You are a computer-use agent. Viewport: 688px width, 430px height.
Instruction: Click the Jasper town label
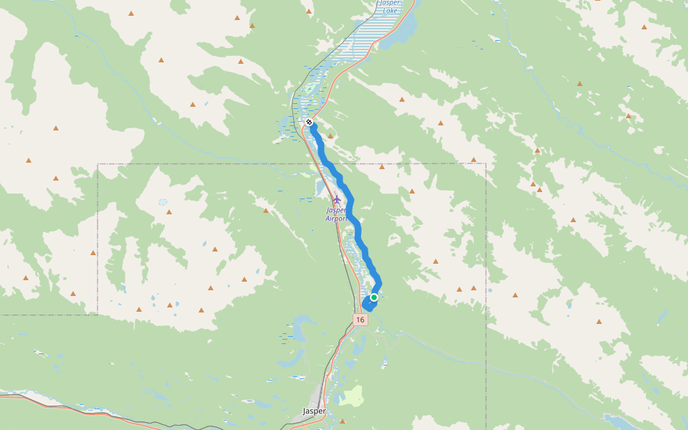click(x=314, y=411)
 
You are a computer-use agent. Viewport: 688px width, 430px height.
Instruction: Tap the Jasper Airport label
click(x=336, y=214)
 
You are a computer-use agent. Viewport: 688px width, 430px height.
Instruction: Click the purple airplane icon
click(x=336, y=199)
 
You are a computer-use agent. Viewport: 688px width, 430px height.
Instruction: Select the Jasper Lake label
click(x=390, y=7)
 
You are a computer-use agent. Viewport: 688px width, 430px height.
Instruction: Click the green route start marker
click(x=374, y=297)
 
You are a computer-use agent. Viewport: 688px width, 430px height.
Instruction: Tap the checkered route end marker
click(x=309, y=122)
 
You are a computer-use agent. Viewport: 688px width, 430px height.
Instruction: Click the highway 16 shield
click(x=360, y=320)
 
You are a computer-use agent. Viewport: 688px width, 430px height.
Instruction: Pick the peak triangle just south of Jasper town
click(x=342, y=421)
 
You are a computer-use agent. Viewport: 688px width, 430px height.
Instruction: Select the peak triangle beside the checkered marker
click(x=330, y=135)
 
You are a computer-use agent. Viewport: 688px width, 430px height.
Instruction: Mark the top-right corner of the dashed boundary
click(x=486, y=163)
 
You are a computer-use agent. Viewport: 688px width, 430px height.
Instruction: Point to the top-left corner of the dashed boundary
click(x=98, y=164)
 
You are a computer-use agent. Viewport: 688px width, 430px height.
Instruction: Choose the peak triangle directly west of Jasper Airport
click(x=266, y=211)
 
